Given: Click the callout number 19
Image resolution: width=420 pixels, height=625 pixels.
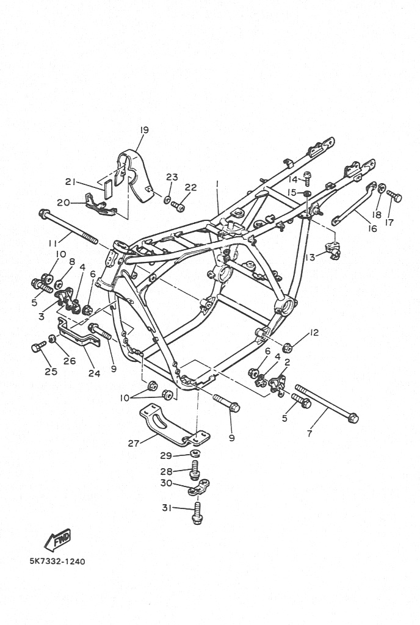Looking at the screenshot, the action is (144, 130).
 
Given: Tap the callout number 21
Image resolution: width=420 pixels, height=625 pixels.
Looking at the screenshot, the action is (71, 182).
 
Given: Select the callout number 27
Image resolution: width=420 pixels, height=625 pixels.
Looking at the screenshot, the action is (133, 443).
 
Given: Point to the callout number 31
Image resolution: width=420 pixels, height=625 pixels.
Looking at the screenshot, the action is (167, 508).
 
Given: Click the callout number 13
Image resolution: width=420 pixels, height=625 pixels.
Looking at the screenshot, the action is (310, 257).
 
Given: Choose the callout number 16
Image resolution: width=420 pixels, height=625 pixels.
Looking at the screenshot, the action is (372, 229).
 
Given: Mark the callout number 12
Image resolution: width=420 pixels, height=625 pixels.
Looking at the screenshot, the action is (314, 333).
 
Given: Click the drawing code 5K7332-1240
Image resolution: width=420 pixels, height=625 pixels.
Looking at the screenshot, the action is (57, 562).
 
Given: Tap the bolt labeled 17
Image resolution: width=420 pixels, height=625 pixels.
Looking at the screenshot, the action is (394, 196).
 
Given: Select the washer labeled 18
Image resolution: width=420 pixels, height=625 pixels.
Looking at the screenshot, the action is (382, 187).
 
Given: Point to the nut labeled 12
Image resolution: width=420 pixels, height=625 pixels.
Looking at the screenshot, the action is (288, 347).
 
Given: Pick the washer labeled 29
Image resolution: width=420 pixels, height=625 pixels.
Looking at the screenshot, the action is (195, 453).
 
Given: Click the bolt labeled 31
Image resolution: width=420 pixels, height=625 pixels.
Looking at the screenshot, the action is (196, 513).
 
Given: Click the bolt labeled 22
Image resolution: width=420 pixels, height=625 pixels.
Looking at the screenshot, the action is (178, 206).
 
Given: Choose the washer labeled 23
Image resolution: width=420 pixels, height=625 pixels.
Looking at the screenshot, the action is (168, 198).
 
